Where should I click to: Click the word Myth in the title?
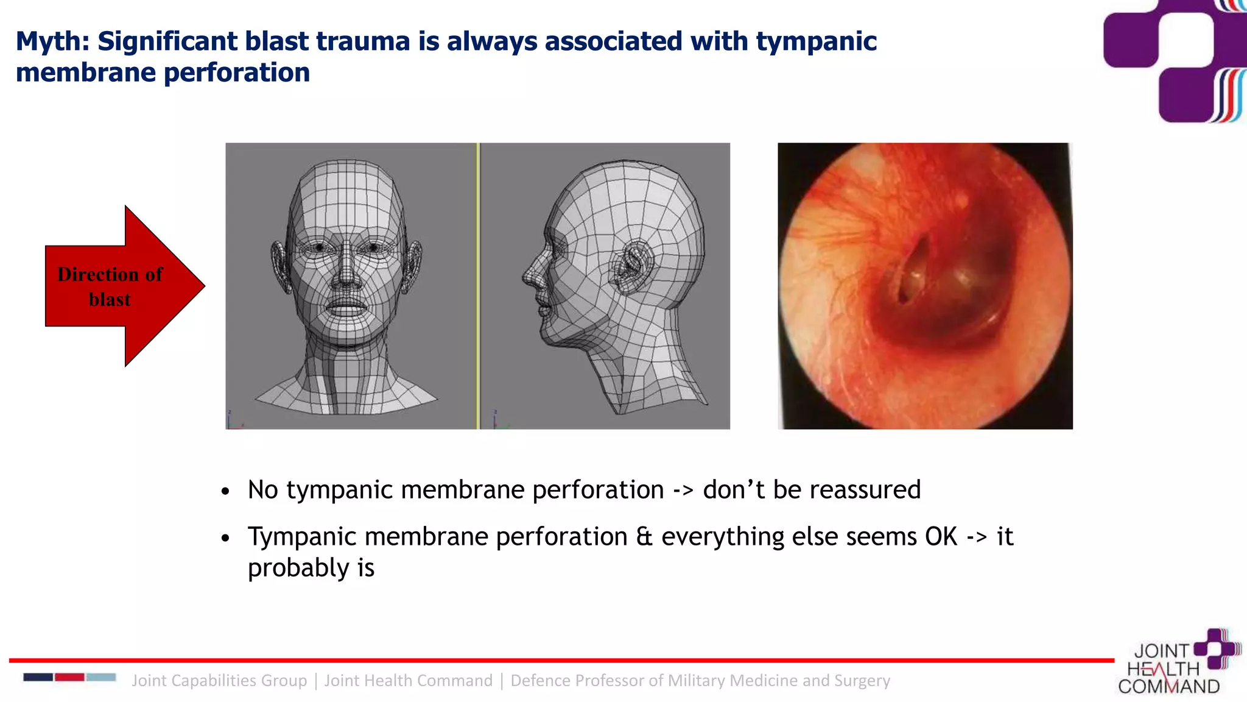click(52, 41)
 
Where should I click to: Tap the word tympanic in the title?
click(816, 41)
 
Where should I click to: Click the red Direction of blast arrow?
click(122, 286)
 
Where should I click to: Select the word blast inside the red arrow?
click(110, 300)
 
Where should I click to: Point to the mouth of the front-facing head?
click(346, 305)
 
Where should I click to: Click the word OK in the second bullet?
click(941, 537)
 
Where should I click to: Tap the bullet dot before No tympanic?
click(226, 491)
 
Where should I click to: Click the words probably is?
click(311, 568)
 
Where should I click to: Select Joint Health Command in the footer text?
click(408, 680)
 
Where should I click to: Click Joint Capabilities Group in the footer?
click(219, 680)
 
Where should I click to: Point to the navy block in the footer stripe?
click(38, 677)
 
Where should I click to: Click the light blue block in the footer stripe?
click(101, 677)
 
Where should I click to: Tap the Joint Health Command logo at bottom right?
click(1178, 663)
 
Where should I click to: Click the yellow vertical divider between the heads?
click(479, 286)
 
